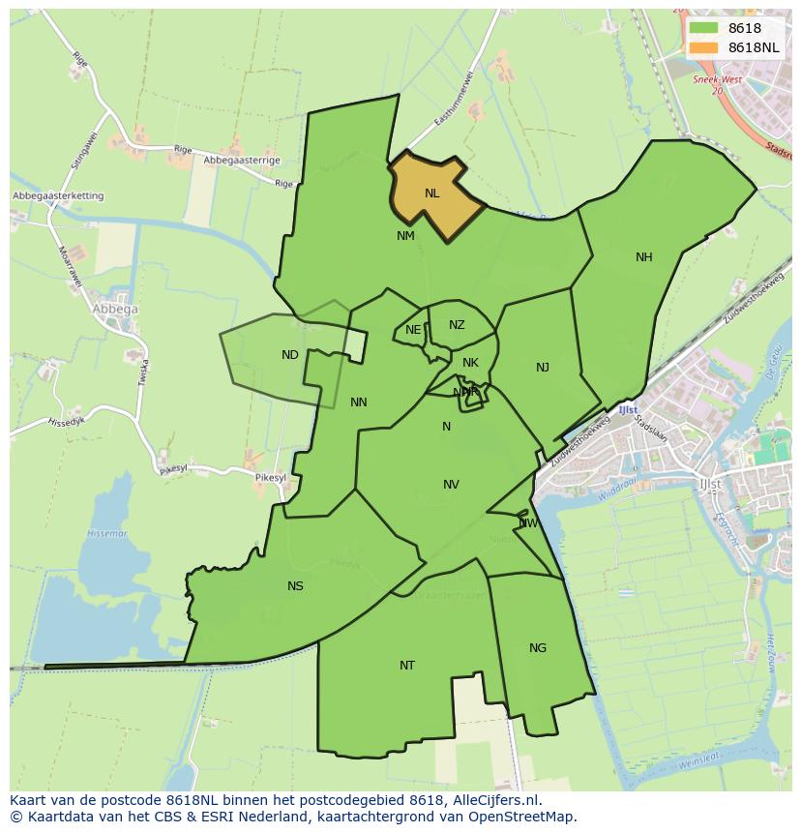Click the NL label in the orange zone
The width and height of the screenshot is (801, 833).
(431, 193)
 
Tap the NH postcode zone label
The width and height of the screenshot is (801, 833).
(644, 257)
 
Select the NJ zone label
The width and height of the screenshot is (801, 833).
(543, 368)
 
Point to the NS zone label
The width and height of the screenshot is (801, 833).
(295, 586)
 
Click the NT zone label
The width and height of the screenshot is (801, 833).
(407, 666)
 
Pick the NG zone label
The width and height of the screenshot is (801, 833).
(538, 648)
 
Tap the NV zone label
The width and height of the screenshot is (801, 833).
(451, 485)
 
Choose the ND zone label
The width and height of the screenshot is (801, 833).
(290, 355)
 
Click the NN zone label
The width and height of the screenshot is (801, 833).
(359, 402)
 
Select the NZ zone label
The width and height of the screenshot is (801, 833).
(457, 325)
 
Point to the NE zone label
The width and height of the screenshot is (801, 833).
(413, 330)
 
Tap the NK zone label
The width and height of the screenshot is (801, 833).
(470, 364)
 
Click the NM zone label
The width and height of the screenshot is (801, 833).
(405, 236)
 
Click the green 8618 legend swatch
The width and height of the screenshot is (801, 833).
(703, 29)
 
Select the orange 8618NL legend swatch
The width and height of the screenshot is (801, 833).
(703, 47)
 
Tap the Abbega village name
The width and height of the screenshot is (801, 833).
(115, 310)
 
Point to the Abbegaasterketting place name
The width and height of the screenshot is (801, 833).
(58, 196)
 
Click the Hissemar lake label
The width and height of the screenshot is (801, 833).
(101, 534)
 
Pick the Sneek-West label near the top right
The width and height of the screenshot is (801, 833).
(716, 81)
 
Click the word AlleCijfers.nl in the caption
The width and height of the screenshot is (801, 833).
(492, 800)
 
